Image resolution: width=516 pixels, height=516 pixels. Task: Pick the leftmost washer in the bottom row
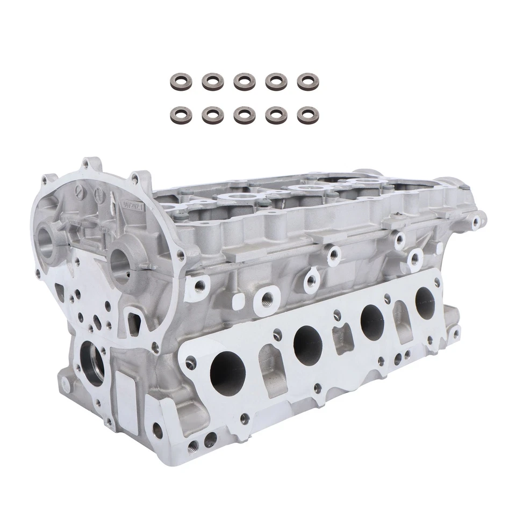point(177,113)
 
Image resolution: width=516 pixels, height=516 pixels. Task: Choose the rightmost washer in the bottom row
point(306,114)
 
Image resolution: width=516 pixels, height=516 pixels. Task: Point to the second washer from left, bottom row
point(211,114)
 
